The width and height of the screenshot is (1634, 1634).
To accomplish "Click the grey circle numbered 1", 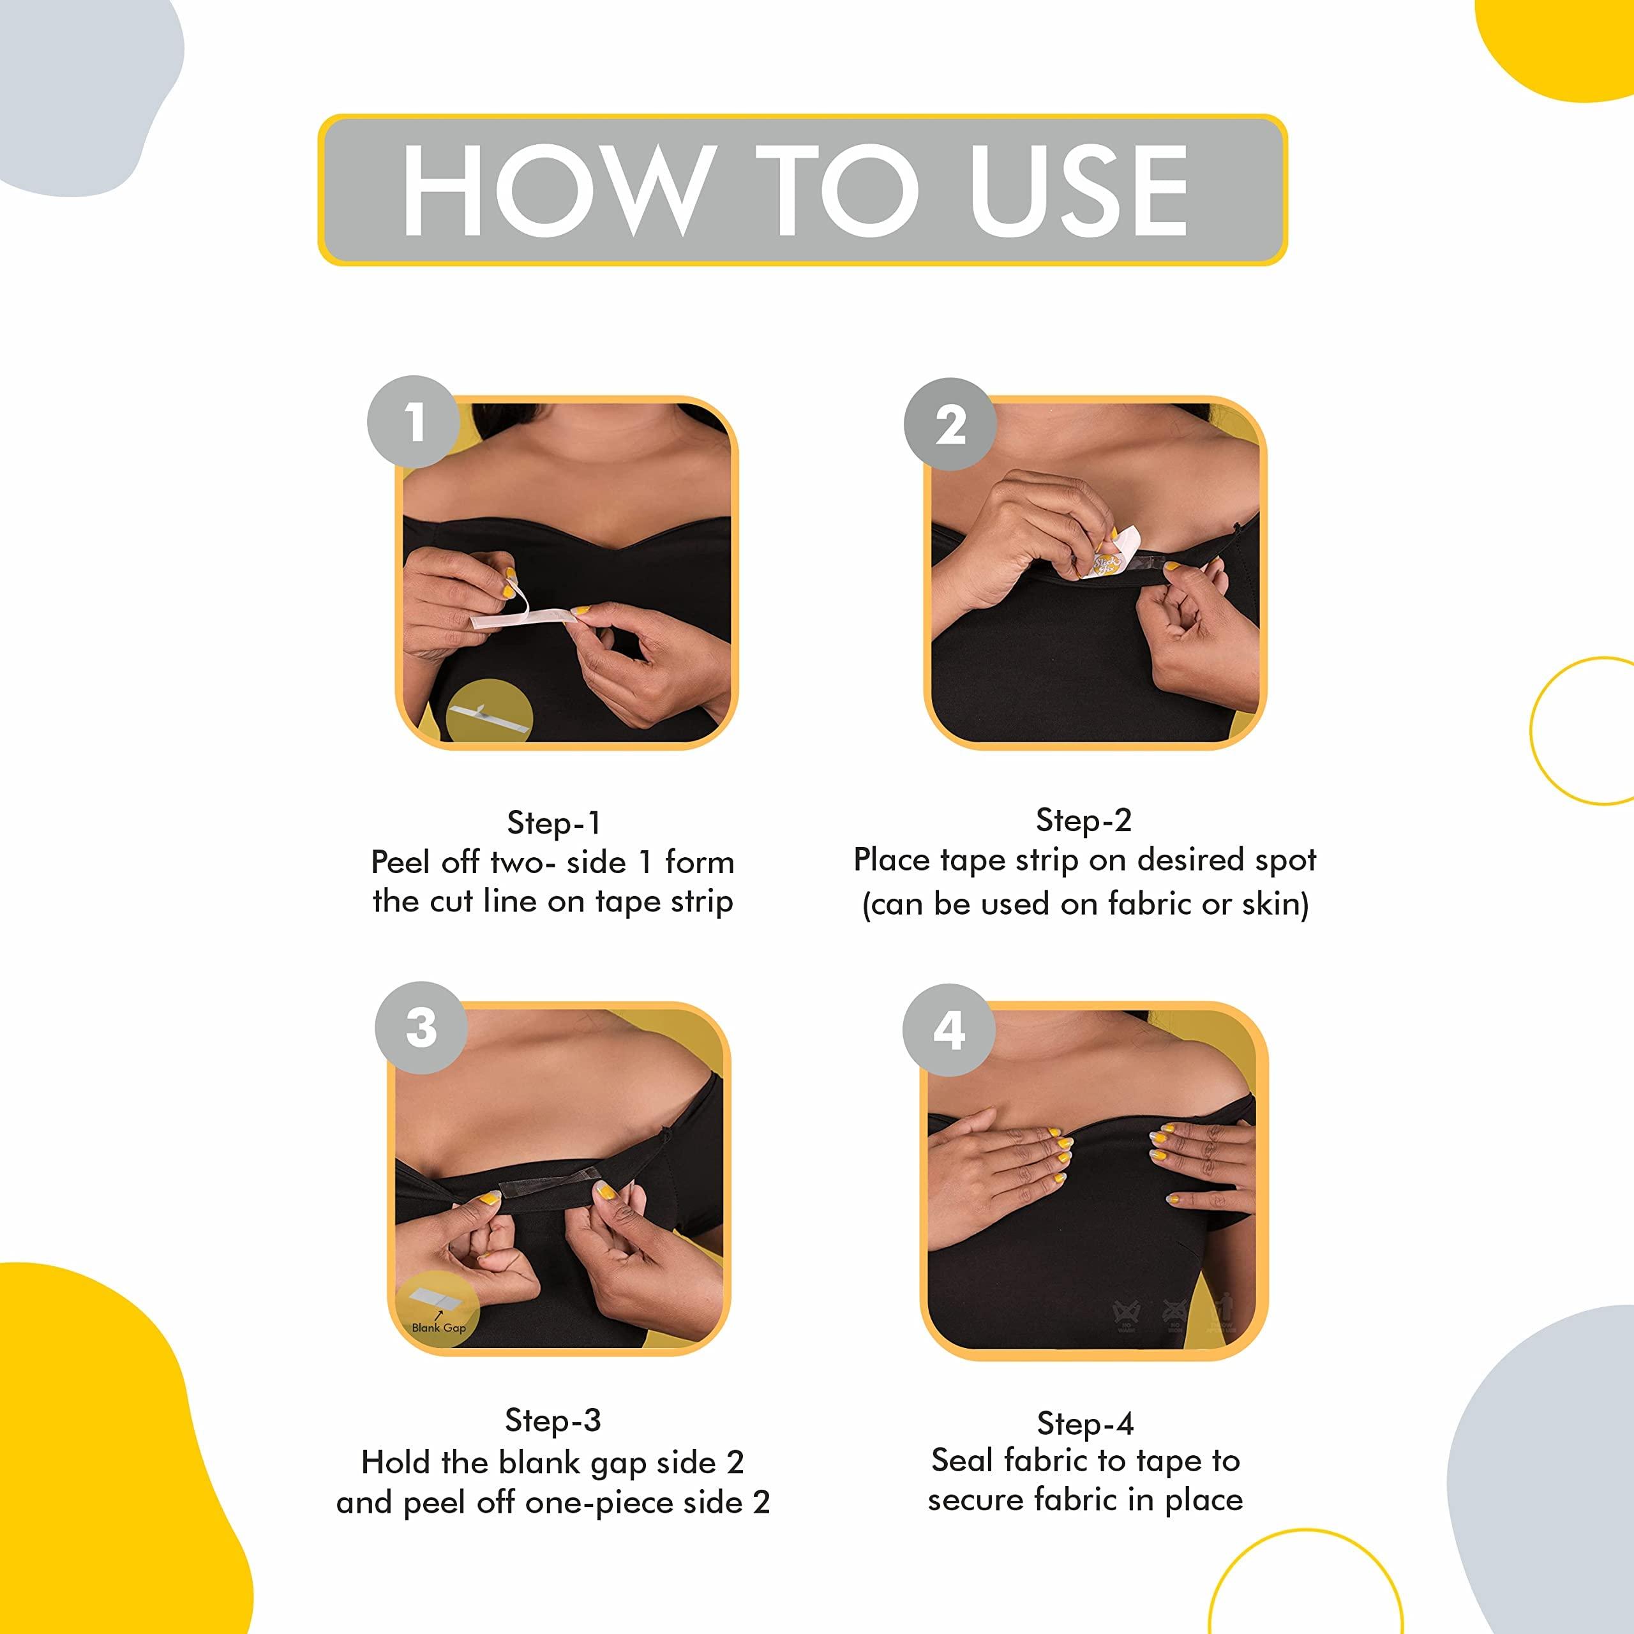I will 414,422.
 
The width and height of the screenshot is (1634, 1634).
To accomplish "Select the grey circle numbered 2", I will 950,424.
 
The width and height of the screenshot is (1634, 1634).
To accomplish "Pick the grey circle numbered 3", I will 421,1028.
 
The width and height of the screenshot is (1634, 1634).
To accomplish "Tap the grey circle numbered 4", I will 949,1030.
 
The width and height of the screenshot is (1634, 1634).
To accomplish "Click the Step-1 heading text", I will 553,823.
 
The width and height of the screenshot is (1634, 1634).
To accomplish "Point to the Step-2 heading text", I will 1083,820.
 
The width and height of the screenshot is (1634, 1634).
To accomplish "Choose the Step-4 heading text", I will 1085,1423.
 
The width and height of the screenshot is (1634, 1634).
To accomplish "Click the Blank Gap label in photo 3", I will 438,1327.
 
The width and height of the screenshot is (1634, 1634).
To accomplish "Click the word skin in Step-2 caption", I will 1275,904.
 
